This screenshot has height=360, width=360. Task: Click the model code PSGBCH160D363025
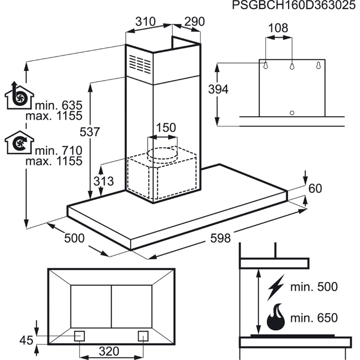click(294, 5)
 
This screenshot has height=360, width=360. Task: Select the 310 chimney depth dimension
click(146, 22)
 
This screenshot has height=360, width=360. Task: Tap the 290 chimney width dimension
click(194, 22)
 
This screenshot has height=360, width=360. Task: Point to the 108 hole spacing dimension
click(278, 28)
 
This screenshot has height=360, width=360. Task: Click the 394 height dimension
click(218, 89)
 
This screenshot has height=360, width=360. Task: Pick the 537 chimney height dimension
click(90, 132)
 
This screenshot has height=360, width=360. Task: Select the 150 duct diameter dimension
click(166, 128)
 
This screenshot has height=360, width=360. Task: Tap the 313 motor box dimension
click(103, 181)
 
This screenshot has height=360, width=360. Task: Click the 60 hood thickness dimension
click(315, 189)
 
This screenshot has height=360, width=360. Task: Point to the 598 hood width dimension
click(221, 238)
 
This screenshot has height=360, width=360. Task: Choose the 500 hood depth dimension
click(75, 238)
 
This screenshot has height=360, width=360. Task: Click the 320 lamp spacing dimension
click(109, 351)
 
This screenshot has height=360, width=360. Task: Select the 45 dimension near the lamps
click(26, 340)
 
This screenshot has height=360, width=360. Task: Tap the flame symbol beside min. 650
click(276, 317)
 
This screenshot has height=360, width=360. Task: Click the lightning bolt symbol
click(276, 287)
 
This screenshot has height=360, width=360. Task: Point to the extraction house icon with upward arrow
click(20, 95)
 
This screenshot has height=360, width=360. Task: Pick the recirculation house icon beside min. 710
click(20, 142)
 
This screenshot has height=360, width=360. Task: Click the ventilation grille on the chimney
click(140, 64)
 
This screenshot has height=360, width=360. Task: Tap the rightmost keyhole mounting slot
click(318, 65)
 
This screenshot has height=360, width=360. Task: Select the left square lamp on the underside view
click(79, 336)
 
